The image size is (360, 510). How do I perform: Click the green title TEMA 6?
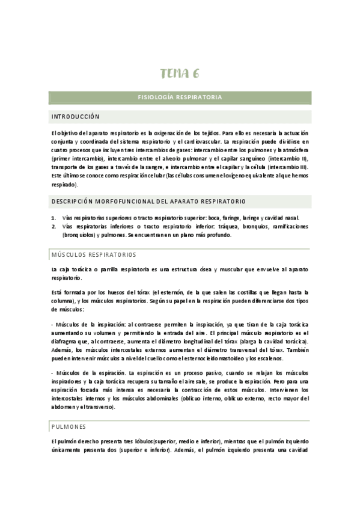(180, 74)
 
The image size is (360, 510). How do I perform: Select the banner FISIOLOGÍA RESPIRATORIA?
(180, 97)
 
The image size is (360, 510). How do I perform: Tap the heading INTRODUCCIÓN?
(75, 117)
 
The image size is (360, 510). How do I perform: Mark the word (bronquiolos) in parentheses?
(70, 235)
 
